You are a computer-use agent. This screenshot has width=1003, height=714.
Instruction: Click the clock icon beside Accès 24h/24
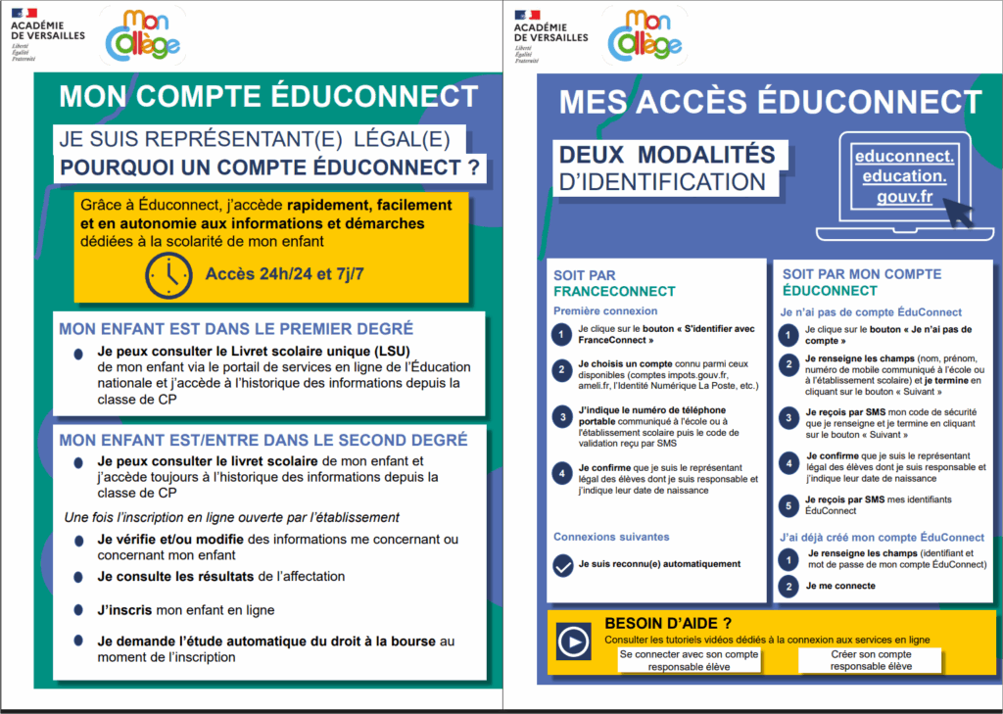168,275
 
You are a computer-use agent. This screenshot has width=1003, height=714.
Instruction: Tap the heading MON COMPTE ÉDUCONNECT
262,96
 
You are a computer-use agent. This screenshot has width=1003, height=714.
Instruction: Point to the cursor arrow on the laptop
956,213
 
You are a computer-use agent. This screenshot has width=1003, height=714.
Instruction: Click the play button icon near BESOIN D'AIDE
571,642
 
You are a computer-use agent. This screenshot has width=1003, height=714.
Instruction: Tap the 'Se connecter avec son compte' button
690,660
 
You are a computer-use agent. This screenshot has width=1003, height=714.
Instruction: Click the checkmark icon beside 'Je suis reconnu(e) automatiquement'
562,565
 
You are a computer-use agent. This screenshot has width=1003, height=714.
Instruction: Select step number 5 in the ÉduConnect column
787,505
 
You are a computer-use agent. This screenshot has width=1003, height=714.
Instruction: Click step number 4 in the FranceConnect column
560,473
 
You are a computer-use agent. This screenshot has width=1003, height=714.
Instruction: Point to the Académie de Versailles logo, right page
549,34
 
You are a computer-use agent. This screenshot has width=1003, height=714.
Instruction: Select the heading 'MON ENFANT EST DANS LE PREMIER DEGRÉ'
236,328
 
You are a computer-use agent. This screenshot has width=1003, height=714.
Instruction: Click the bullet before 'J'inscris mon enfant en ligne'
78,610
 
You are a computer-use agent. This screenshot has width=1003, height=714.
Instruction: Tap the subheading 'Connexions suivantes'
611,537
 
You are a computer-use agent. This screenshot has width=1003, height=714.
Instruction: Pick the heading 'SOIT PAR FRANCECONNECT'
614,283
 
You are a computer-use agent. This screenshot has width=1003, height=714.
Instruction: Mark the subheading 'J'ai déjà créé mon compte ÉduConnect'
882,537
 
